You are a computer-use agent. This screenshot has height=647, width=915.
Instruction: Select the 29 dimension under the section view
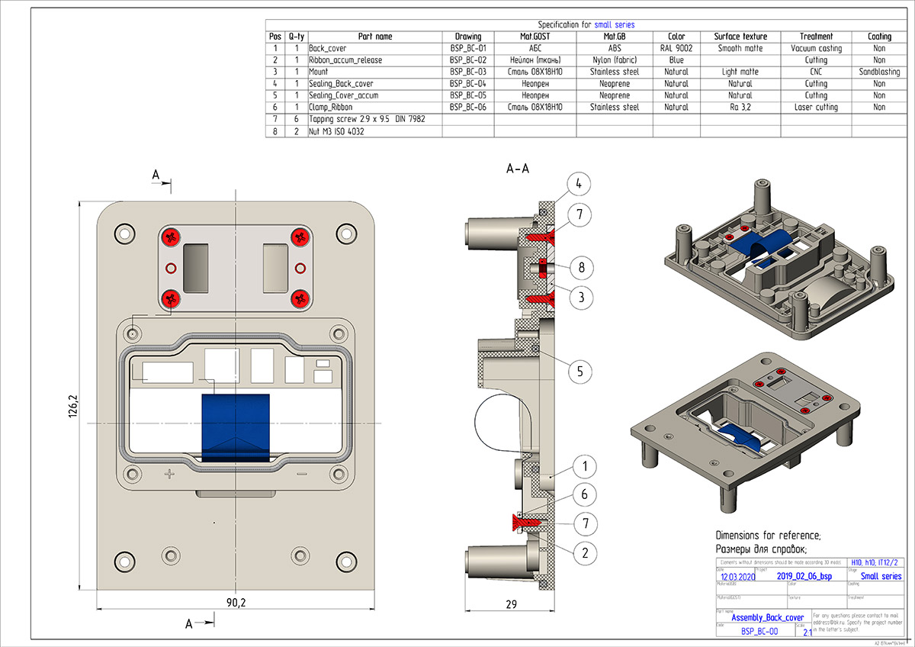[x=512, y=604]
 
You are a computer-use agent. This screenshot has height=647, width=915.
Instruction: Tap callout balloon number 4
[x=579, y=184]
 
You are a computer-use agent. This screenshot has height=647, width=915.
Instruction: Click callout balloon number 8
[x=581, y=268]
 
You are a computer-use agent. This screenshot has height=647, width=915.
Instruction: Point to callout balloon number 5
[x=579, y=372]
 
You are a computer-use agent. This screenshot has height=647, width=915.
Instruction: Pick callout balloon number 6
[x=584, y=494]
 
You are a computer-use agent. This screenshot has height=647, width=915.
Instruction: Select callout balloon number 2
[x=584, y=551]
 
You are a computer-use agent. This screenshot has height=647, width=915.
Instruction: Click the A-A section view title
[x=518, y=169]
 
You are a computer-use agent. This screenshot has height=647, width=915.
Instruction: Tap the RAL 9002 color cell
[x=676, y=48]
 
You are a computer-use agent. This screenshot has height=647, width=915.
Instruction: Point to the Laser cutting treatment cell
[x=815, y=108]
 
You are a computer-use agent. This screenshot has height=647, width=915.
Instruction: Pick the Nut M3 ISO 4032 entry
[x=336, y=131]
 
